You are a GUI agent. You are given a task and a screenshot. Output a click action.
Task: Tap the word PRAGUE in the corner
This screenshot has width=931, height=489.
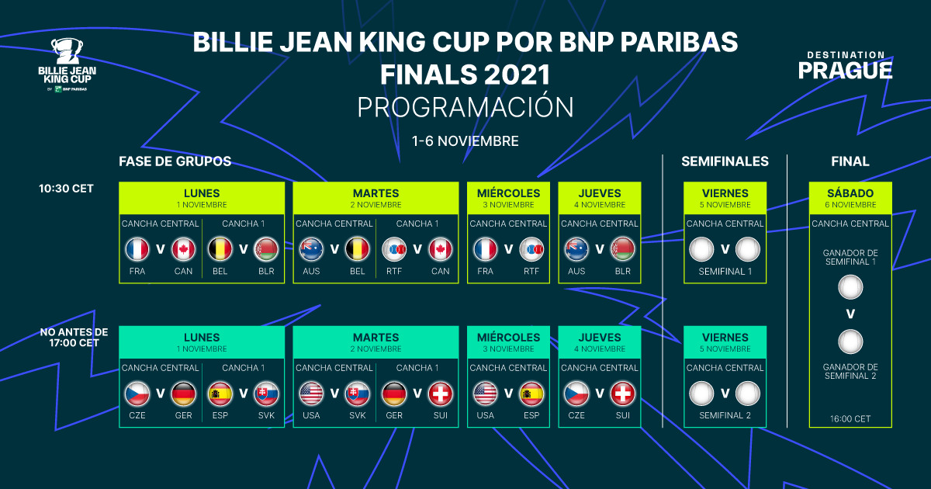point(845,71)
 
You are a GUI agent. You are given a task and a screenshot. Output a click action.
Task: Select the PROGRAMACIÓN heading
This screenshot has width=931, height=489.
point(465,107)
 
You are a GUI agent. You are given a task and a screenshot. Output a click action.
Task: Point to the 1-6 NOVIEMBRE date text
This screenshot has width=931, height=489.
point(465,141)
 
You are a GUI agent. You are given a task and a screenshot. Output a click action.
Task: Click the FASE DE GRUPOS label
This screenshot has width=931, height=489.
point(175,161)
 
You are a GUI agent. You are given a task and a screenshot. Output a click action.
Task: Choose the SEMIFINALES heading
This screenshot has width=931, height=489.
point(725,161)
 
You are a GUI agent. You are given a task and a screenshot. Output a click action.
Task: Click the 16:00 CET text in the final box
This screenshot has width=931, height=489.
point(850,418)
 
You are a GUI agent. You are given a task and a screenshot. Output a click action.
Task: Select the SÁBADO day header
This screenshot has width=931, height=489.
point(850,193)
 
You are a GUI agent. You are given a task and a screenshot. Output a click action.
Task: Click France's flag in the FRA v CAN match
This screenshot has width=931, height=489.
point(137,249)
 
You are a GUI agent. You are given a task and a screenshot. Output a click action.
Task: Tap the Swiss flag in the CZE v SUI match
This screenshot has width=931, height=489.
point(622,394)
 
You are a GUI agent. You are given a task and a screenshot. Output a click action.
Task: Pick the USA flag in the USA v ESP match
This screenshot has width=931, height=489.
point(486,394)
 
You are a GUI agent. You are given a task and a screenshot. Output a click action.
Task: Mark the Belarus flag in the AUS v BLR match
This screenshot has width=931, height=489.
point(622,249)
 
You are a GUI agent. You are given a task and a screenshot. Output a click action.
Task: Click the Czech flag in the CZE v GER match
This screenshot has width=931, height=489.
point(137,394)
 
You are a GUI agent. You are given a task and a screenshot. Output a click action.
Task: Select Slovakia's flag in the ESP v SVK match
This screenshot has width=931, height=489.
point(267,394)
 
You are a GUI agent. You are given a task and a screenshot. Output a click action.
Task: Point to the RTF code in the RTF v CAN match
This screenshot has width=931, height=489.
point(395,272)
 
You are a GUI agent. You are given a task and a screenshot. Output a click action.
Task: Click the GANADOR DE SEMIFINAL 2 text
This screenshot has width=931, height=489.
point(850,371)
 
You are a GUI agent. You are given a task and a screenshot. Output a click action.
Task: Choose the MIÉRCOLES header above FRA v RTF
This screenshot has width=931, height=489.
point(508,193)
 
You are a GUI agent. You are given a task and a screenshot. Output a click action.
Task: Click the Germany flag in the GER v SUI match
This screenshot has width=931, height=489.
point(395,394)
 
